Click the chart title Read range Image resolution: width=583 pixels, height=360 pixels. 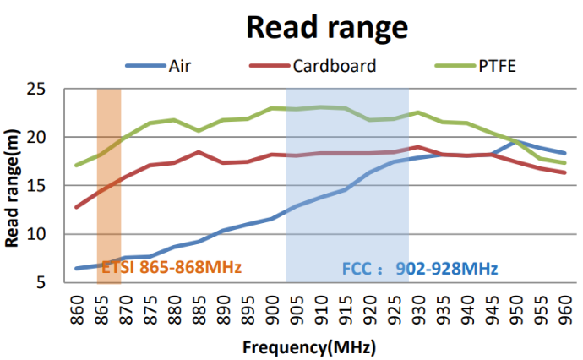(x=327, y=27)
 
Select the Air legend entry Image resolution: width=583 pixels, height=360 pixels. (x=179, y=66)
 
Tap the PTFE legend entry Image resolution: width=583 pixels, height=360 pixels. (x=495, y=66)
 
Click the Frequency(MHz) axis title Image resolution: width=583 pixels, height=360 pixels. (x=309, y=347)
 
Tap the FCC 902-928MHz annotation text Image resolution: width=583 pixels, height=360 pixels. (x=420, y=269)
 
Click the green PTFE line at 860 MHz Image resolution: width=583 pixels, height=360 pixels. (x=77, y=165)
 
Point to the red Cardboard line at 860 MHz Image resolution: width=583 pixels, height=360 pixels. (x=77, y=207)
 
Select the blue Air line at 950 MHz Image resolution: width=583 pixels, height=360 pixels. (x=516, y=141)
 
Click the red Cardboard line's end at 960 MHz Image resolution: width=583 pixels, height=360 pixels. (x=564, y=172)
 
